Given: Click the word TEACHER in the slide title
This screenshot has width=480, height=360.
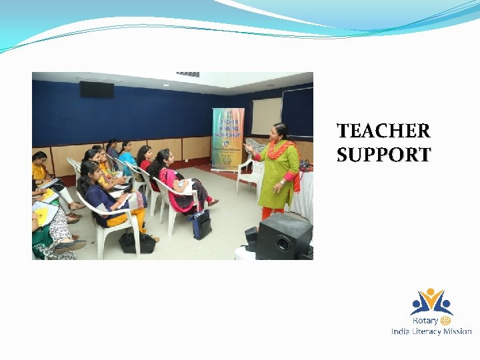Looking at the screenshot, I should [383, 131].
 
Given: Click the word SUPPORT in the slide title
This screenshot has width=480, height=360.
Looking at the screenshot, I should [383, 155].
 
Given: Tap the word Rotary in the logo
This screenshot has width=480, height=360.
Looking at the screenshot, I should [425, 321].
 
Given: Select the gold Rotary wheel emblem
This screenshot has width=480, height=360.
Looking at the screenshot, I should [446, 321].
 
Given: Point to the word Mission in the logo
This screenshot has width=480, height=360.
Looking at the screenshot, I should [459, 331].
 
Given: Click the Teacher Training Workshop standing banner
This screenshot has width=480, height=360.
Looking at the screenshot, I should [227, 139].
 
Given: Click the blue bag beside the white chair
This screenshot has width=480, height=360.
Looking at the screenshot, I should [202, 224].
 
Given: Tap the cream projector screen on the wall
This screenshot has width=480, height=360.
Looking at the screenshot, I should [266, 116].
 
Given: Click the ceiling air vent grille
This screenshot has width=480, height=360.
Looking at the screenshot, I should [188, 74].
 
